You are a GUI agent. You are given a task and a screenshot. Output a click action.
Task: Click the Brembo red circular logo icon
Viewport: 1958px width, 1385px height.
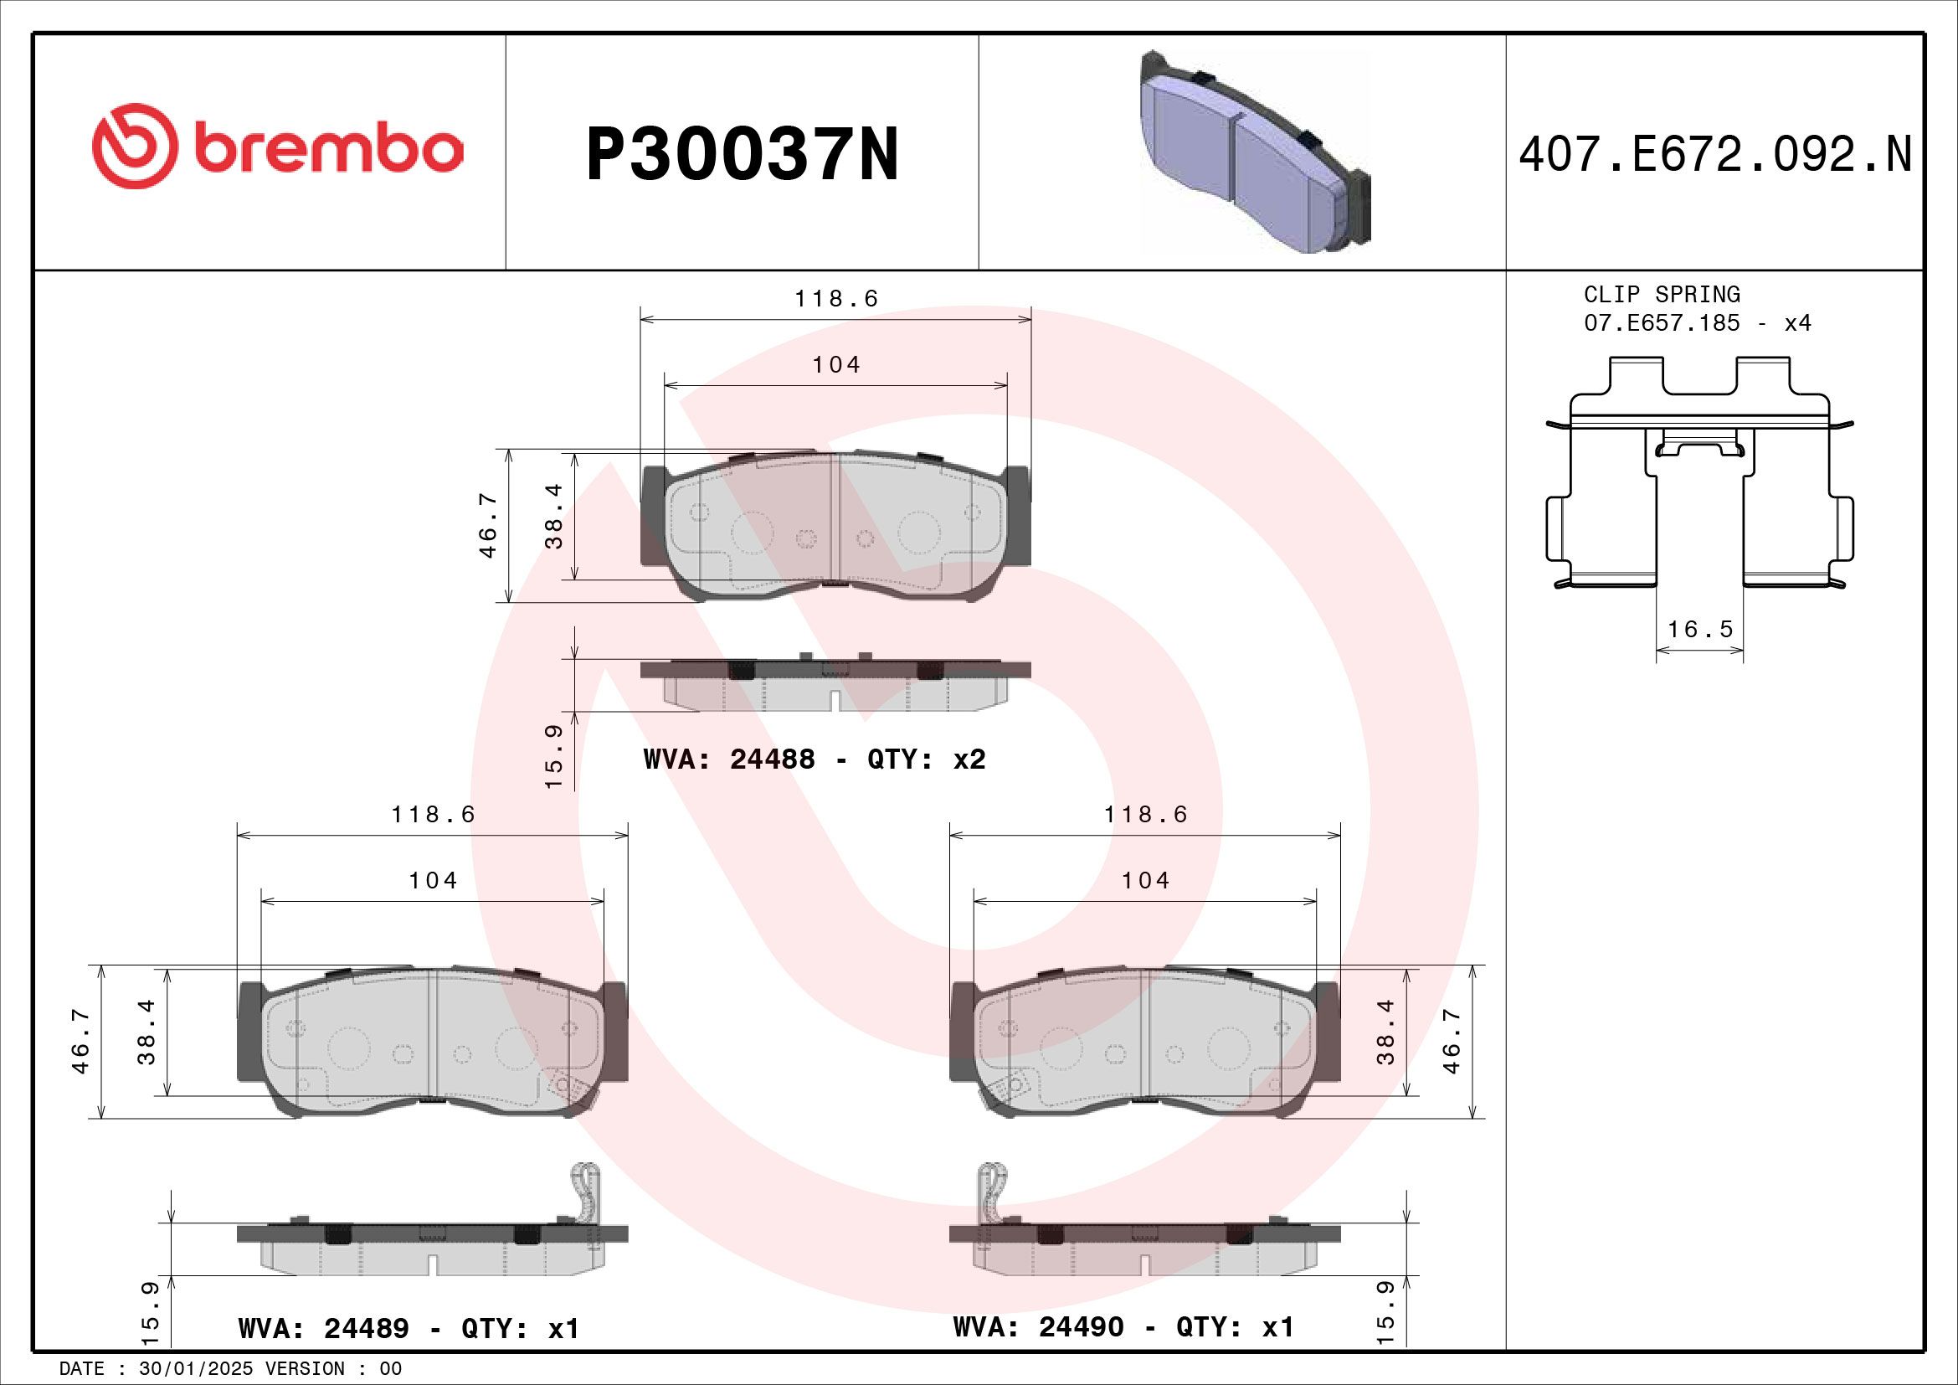coord(136,146)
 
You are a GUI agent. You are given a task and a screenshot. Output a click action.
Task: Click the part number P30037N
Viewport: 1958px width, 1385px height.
coord(742,155)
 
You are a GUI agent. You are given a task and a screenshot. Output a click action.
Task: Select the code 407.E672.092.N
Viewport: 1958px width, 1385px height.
coord(1715,155)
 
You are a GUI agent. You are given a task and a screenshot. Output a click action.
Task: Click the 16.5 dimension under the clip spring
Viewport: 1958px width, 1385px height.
coord(1700,629)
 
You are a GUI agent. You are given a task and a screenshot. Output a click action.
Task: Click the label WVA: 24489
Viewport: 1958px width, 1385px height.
coord(323,1329)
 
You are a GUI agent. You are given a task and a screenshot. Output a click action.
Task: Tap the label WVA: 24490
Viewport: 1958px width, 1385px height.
coord(1038,1327)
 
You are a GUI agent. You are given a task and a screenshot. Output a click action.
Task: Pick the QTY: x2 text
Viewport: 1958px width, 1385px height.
coord(926,759)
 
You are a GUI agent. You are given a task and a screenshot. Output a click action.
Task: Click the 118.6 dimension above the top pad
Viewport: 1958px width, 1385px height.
coord(835,298)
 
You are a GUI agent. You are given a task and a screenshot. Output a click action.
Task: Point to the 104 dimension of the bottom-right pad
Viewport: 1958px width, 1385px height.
coord(1145,880)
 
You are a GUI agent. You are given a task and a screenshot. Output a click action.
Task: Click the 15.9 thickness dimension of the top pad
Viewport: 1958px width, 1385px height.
coord(554,755)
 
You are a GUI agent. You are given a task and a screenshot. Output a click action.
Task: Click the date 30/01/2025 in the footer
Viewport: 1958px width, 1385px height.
coord(196,1369)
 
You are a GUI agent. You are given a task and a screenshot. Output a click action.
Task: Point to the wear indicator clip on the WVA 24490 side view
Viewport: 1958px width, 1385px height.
coord(992,1191)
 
